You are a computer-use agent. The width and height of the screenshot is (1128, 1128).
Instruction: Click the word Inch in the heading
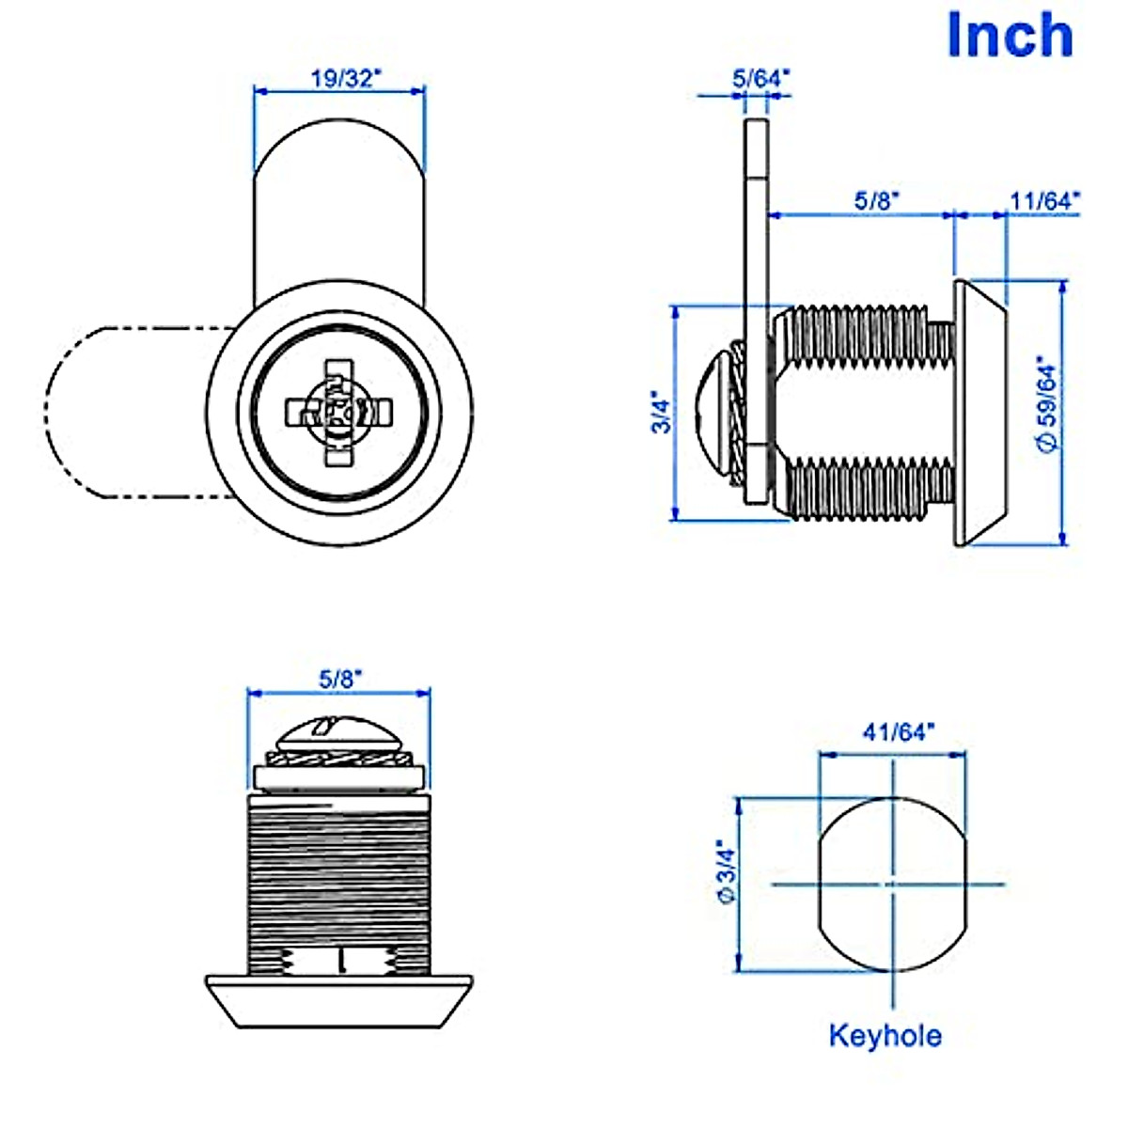pos(1010,36)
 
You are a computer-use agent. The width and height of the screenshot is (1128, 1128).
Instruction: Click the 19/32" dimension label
pos(344,77)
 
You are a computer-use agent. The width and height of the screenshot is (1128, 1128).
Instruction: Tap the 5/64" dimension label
pos(760,79)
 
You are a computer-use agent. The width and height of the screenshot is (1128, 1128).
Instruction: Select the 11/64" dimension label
pos(1044,200)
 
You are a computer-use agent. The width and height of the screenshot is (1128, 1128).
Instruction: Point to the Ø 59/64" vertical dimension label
pos(1046,405)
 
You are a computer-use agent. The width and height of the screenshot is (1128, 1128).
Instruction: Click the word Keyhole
pos(885,1036)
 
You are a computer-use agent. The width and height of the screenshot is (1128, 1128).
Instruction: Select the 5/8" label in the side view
pos(876,200)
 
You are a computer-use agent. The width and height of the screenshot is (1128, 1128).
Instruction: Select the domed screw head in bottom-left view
pos(338,733)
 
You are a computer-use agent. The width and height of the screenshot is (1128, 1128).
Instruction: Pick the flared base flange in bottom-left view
pos(338,1001)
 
